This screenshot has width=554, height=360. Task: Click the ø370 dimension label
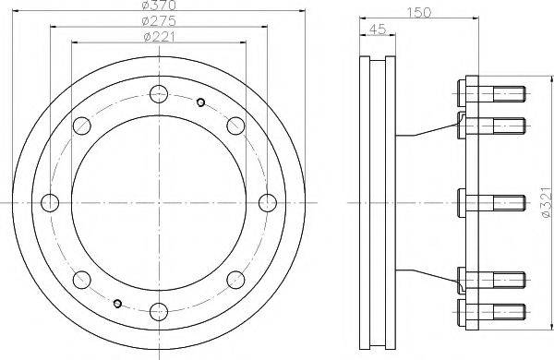pos(159,5)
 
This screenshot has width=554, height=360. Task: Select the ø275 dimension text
pos(159,21)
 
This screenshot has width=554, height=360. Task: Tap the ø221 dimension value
pos(160,37)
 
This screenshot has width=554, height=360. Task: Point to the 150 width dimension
pos(419,12)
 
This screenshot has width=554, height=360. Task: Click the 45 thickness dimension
pos(378,30)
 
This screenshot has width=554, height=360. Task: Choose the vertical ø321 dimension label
pos(546,202)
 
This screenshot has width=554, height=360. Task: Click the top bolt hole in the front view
pos(159,94)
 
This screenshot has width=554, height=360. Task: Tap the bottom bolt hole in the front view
pos(159,312)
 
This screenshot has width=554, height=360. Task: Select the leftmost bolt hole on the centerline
pos(50,203)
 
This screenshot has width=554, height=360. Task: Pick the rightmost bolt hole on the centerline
pos(268,203)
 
